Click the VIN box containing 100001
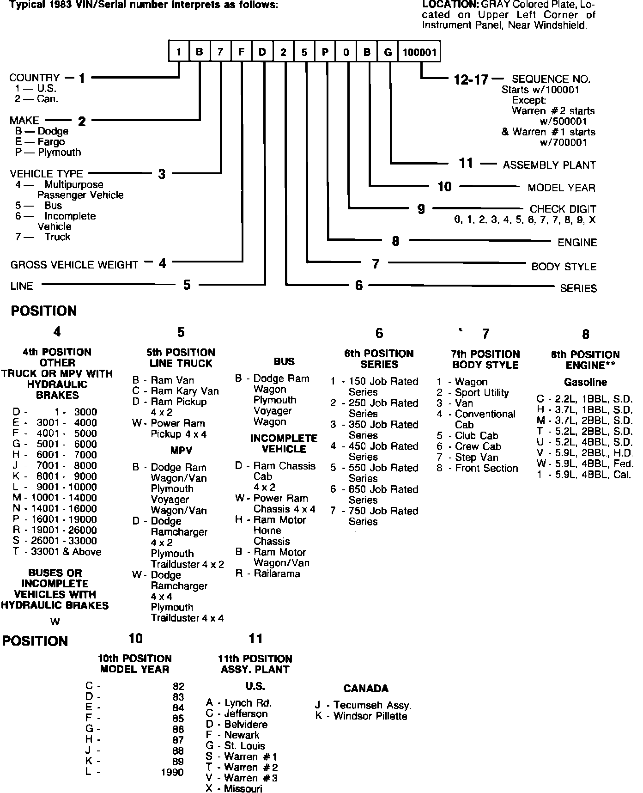tap(419, 52)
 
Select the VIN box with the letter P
tap(325, 52)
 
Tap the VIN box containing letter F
tap(241, 52)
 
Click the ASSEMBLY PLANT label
tap(549, 165)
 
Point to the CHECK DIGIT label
tap(563, 209)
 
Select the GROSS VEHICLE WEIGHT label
tap(74, 265)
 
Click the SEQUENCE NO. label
tap(551, 79)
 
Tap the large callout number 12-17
tap(471, 80)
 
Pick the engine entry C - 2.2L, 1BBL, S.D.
tap(584, 399)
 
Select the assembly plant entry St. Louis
tap(236, 746)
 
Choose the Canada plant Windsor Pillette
tap(361, 716)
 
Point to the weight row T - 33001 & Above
tap(57, 552)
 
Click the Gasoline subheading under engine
tap(585, 382)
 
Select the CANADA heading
tap(366, 689)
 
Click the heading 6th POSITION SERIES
tap(379, 359)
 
